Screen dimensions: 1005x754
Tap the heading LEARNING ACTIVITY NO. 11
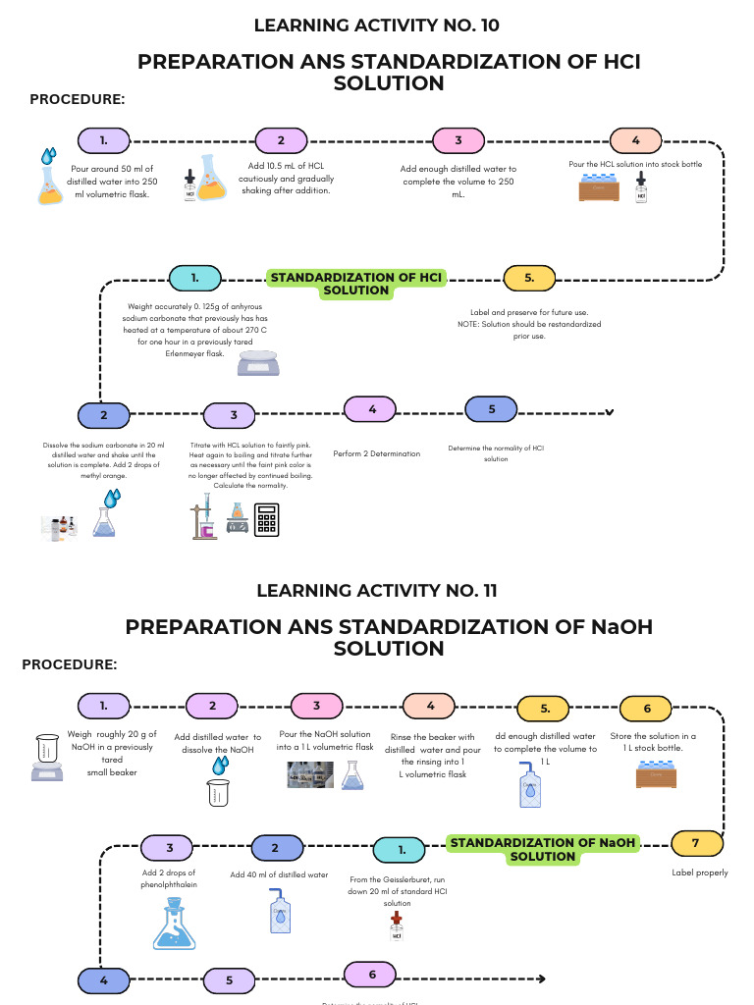pos(377,590)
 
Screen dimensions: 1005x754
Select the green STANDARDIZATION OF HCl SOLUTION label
pos(356,283)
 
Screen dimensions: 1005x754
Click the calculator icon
pos(267,520)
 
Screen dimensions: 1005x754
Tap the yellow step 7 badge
pos(696,842)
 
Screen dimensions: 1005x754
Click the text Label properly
pos(699,873)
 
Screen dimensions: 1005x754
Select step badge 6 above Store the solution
pos(646,707)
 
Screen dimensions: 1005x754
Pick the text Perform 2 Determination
pos(370,453)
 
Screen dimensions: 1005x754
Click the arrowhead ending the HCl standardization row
pos(610,412)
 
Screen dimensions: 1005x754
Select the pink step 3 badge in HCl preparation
pos(458,140)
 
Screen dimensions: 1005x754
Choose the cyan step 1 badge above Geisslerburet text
pos(402,849)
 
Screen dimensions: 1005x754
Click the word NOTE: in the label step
pos(469,324)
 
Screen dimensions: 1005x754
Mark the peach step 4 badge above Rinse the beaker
pos(429,707)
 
